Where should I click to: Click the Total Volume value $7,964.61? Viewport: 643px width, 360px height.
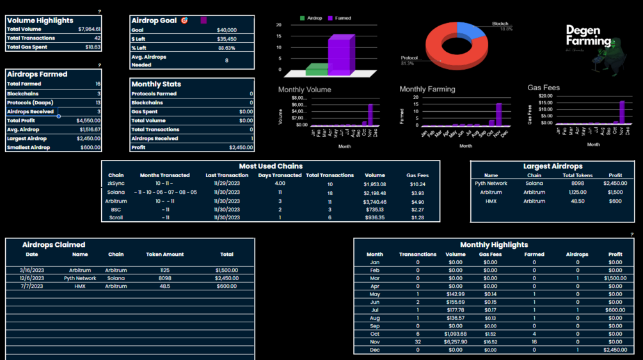click(x=89, y=29)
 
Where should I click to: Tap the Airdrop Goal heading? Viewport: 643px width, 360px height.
click(x=154, y=20)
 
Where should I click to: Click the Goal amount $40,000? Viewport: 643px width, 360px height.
click(x=226, y=30)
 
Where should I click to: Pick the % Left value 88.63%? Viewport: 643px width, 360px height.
click(x=226, y=48)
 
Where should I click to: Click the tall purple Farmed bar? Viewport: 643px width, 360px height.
click(x=340, y=55)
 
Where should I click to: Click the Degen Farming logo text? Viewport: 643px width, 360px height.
click(x=588, y=36)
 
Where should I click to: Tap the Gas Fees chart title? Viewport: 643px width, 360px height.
click(x=543, y=88)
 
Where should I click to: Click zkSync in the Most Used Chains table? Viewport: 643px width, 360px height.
click(x=116, y=184)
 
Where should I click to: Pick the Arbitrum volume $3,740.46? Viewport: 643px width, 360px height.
click(x=374, y=201)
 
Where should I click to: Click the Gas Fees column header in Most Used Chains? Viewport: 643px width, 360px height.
click(x=417, y=175)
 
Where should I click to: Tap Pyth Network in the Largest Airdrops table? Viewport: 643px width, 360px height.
click(x=491, y=184)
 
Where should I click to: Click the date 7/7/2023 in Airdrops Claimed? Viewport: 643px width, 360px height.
click(x=31, y=286)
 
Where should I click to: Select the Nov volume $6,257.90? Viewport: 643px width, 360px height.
click(x=455, y=342)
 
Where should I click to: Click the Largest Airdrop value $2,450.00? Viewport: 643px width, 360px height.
click(x=88, y=138)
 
